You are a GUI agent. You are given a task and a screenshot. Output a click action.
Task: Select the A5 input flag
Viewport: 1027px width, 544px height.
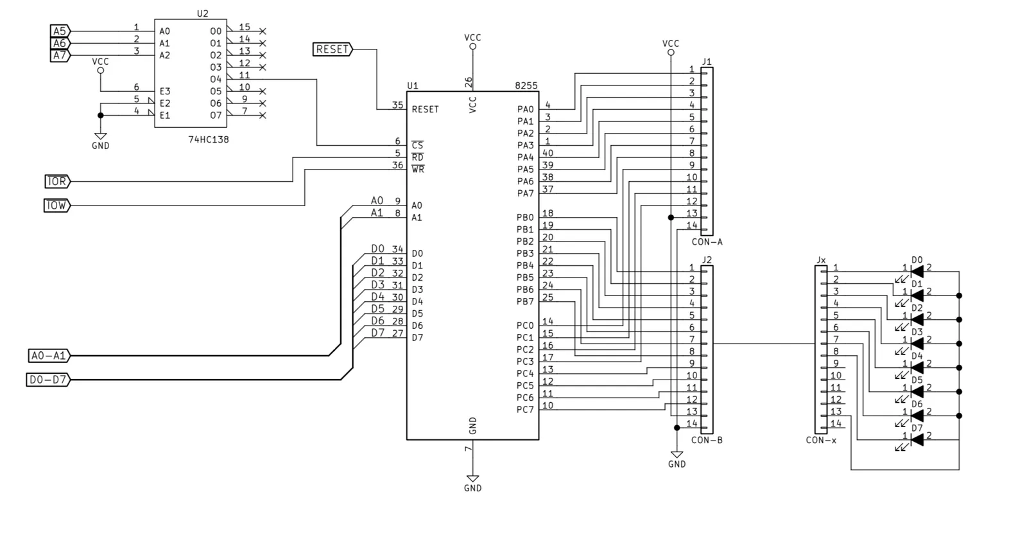60,31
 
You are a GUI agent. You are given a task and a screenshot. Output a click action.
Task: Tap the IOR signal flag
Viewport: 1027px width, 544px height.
57,182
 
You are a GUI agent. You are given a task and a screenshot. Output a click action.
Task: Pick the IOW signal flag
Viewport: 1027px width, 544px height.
57,206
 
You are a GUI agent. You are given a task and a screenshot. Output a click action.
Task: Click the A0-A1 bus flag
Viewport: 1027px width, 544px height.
49,355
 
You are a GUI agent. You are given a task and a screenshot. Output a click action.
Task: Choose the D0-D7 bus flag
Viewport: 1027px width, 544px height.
48,380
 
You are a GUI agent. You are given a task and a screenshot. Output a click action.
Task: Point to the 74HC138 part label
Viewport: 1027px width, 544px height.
209,139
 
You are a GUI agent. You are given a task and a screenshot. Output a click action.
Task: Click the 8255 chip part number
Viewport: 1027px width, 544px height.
526,86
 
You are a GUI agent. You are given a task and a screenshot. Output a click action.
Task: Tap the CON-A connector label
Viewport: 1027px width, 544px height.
707,241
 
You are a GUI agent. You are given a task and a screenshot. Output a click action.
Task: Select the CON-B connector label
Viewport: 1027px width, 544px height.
707,441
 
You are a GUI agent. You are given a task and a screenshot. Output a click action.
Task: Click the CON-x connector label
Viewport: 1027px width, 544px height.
821,441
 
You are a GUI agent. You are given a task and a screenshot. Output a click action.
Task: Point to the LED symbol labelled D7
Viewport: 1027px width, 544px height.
917,440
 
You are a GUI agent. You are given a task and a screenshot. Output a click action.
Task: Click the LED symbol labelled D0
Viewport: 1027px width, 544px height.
917,272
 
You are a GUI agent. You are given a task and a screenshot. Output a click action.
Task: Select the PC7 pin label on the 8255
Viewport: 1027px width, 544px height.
525,410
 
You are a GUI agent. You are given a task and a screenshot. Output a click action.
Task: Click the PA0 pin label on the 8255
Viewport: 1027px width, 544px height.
526,109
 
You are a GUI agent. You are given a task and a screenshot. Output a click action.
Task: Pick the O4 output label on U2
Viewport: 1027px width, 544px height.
216,80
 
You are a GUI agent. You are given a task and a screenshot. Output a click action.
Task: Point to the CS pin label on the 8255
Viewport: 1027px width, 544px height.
417,145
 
